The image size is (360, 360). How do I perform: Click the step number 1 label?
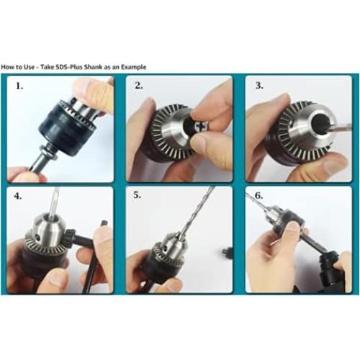pos(19,86)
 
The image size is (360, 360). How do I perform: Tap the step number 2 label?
pos(139,86)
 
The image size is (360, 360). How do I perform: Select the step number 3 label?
pos(259,86)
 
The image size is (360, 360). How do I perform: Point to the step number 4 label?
pos(18,196)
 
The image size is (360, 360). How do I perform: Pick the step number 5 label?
pos(138,195)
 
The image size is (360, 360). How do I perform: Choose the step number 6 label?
pos(258,196)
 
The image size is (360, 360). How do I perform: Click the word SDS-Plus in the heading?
pos(69,67)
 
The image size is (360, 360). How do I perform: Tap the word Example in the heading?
pos(133,67)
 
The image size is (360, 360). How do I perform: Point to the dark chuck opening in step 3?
pos(320,122)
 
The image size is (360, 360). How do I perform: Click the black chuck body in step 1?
pos(67,130)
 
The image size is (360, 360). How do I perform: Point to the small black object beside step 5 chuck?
pos(227,252)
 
